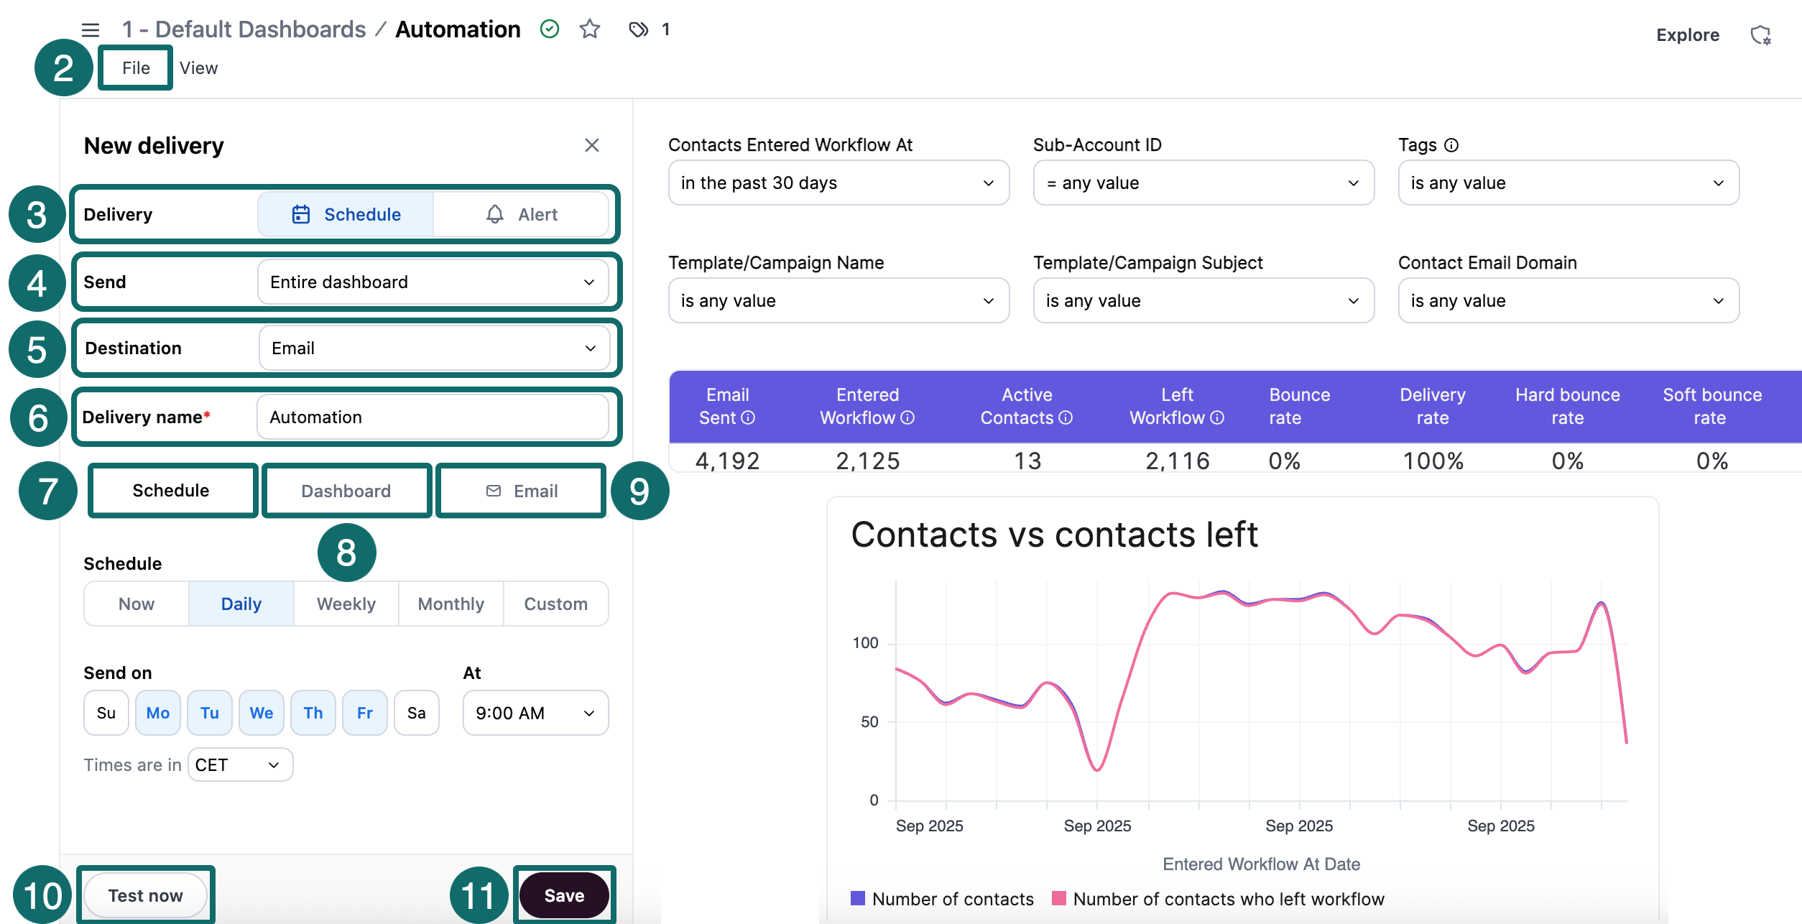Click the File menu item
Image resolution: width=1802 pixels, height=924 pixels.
136,68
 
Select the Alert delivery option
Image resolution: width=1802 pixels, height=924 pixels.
522,214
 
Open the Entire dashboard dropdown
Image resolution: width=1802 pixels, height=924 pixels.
433,282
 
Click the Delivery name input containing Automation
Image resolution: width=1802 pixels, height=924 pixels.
433,417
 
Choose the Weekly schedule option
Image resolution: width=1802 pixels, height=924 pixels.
346,604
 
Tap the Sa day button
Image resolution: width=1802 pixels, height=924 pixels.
417,713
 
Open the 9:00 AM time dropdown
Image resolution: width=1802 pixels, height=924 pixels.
535,713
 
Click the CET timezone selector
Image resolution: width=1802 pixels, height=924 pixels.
240,764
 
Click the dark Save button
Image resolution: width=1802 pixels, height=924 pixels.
564,895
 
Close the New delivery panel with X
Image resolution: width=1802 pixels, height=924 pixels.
592,145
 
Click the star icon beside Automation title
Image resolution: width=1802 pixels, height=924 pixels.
590,29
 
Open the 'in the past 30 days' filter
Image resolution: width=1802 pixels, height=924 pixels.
838,183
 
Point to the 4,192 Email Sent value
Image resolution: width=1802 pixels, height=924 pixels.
727,461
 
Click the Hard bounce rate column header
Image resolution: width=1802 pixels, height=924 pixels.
1567,406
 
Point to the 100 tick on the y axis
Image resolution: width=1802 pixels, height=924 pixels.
865,643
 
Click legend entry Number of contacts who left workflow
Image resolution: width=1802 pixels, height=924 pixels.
1227,899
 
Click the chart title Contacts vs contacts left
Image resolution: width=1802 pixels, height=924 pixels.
1054,535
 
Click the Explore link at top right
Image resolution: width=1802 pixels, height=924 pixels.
1687,35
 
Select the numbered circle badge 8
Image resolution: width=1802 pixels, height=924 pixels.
346,552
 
